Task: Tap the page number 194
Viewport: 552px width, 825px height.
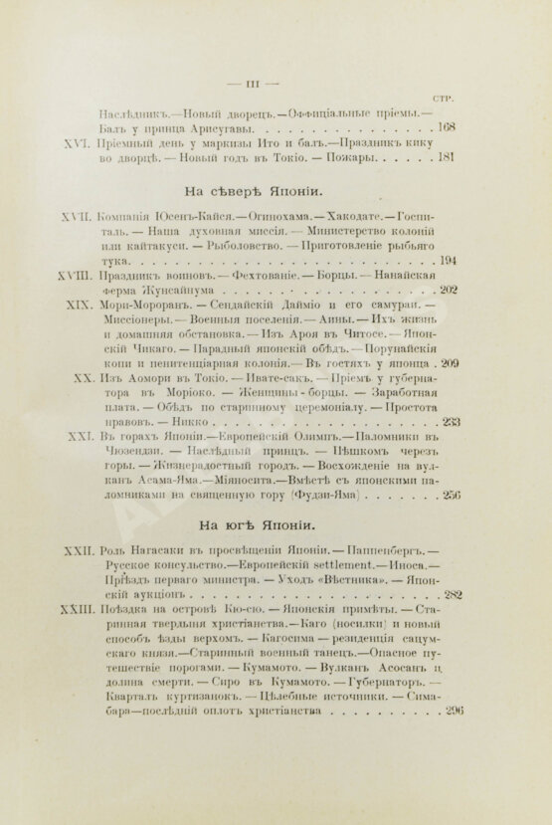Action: pyautogui.click(x=445, y=260)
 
